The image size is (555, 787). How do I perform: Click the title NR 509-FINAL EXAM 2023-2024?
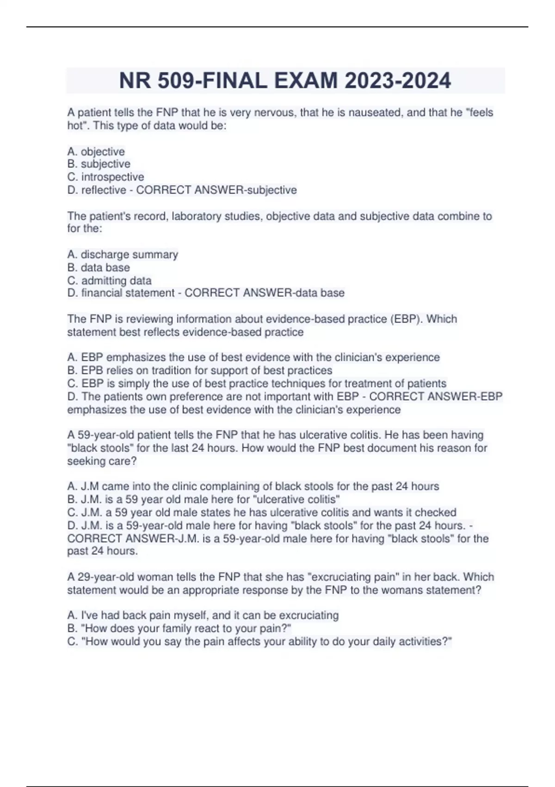tap(284, 81)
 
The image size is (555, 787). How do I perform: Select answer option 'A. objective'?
tap(96, 151)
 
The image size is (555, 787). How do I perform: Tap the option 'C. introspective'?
tap(105, 177)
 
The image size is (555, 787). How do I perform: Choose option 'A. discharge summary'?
tap(123, 255)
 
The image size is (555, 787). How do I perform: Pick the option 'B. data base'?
tap(99, 268)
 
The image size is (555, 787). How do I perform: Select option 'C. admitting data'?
tap(109, 281)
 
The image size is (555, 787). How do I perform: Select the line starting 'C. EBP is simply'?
tap(257, 383)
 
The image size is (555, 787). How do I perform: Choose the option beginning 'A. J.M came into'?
tap(253, 486)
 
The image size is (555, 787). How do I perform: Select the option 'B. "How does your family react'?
tap(179, 628)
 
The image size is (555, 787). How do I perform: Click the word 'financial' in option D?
tap(104, 293)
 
